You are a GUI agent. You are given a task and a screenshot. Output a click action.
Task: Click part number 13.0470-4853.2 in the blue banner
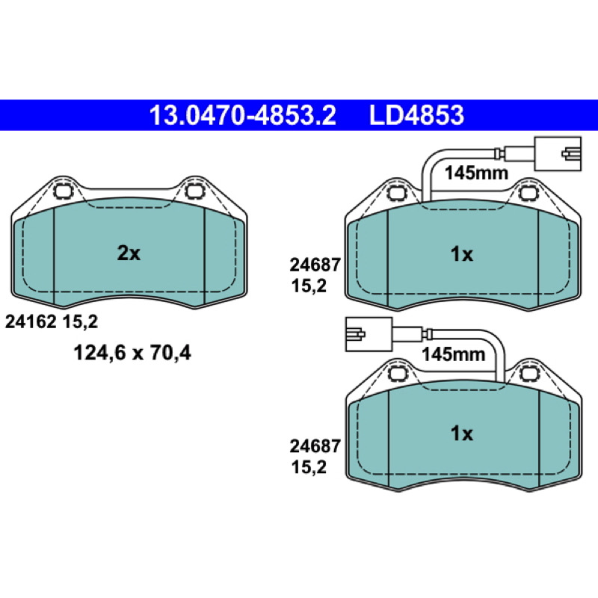click(242, 115)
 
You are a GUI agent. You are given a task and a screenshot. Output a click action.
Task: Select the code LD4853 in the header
click(416, 115)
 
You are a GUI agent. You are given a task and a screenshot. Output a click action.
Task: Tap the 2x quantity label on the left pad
click(129, 253)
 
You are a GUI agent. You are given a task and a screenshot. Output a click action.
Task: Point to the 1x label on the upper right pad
click(462, 254)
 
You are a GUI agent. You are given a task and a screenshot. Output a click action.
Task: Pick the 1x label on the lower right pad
click(462, 434)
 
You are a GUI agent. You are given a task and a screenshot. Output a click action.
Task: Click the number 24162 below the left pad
click(31, 322)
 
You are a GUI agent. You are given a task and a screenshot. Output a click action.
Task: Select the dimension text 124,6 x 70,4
click(132, 353)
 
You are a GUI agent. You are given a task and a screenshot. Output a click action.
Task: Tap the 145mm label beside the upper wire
click(476, 173)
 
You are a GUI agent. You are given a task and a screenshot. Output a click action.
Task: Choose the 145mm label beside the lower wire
click(454, 354)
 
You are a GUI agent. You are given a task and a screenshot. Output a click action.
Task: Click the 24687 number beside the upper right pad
click(315, 265)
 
